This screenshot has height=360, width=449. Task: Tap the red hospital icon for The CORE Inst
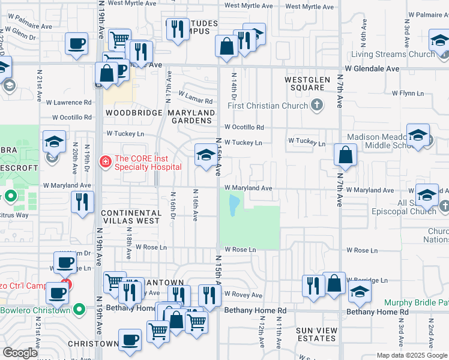pyautogui.click(x=106, y=161)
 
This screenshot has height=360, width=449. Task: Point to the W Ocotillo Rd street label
pyautogui.click(x=244, y=127)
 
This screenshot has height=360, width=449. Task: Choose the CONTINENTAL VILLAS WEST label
pyautogui.click(x=131, y=217)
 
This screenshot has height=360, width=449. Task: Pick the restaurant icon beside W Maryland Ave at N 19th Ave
pyautogui.click(x=83, y=202)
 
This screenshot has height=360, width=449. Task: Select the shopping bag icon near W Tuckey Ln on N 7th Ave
pyautogui.click(x=346, y=155)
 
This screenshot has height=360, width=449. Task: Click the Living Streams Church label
pyautogui.click(x=393, y=55)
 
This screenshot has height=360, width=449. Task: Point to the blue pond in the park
pyautogui.click(x=233, y=208)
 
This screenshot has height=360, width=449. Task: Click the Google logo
pyautogui.click(x=20, y=353)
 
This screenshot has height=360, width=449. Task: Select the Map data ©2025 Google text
pyautogui.click(x=412, y=355)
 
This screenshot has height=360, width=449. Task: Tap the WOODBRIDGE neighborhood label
pyautogui.click(x=134, y=113)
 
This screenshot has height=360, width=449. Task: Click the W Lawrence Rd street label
pyautogui.click(x=71, y=103)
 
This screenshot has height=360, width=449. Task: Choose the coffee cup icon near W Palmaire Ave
pyautogui.click(x=77, y=44)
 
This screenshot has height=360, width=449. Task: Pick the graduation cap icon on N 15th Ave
pyautogui.click(x=206, y=155)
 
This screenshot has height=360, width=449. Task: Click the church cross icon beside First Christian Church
pyautogui.click(x=317, y=106)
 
